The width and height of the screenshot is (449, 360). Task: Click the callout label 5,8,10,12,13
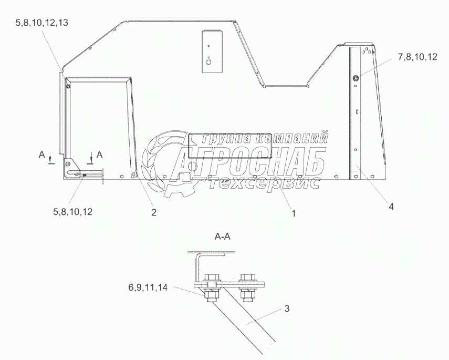pyautogui.click(x=42, y=23)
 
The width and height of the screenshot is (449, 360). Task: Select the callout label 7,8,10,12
pyautogui.click(x=417, y=57)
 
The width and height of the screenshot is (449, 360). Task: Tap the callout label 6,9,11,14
pyautogui.click(x=148, y=287)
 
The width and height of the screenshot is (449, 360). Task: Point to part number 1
pyautogui.click(x=294, y=213)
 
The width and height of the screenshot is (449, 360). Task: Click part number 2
pyautogui.click(x=154, y=212)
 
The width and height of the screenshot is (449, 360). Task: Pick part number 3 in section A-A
pyautogui.click(x=287, y=308)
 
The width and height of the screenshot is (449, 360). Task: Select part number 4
pyautogui.click(x=391, y=206)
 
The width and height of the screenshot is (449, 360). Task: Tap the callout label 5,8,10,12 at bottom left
pyautogui.click(x=73, y=212)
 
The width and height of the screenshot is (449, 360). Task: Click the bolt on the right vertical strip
pyautogui.click(x=356, y=77)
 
